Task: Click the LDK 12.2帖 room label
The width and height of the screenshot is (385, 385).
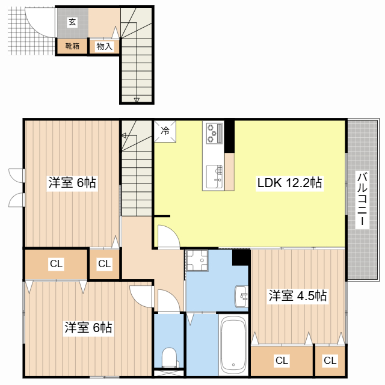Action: (x=290, y=183)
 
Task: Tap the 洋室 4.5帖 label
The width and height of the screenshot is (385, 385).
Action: (x=298, y=295)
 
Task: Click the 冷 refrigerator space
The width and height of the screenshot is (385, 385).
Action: (x=165, y=131)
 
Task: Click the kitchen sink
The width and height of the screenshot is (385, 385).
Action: (x=214, y=177)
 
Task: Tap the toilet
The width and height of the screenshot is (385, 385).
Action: (x=170, y=357)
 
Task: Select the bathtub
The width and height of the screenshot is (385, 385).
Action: (x=233, y=345)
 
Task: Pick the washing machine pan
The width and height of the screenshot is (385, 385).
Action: (x=197, y=260)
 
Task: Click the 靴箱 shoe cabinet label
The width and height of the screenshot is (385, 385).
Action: (x=72, y=46)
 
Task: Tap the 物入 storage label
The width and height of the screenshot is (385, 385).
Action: (x=104, y=46)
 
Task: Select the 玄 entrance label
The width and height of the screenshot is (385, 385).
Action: (x=72, y=22)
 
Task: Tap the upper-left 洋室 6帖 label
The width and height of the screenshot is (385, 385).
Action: (x=72, y=183)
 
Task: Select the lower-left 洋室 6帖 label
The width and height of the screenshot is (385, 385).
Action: (x=88, y=327)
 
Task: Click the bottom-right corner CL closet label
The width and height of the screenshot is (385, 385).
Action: (x=330, y=361)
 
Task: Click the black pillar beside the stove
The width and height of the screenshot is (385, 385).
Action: (x=229, y=137)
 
